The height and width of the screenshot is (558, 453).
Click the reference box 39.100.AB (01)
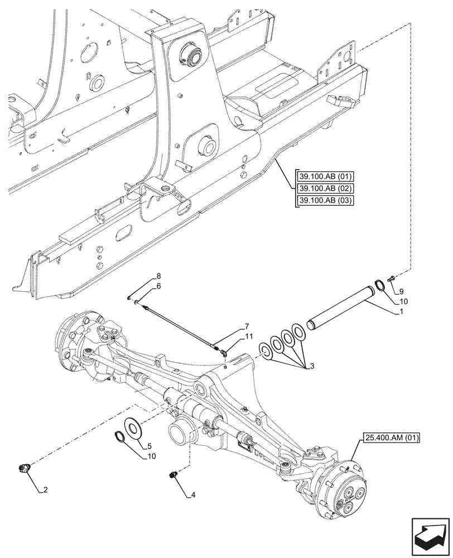(x=324, y=177)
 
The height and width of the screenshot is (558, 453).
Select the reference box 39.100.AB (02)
(x=324, y=189)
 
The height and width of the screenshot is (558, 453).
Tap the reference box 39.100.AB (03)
(x=324, y=200)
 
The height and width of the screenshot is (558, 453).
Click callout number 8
(x=158, y=276)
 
